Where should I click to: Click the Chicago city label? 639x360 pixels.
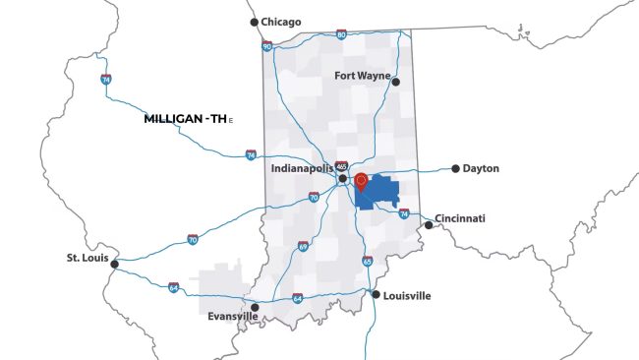tap(281, 22)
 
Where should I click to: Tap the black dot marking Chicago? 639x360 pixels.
tap(254, 22)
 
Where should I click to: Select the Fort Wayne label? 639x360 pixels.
tap(362, 76)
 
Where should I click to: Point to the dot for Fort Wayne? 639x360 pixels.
tap(396, 82)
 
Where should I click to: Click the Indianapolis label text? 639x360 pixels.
tap(303, 169)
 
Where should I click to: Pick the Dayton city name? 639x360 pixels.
tap(482, 168)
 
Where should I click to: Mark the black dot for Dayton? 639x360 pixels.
tap(455, 168)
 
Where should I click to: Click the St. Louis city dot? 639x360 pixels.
tap(115, 264)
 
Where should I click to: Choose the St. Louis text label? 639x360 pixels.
tap(86, 258)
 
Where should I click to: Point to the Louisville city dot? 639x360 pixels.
tap(375, 294)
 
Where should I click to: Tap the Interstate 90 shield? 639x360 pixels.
tap(267, 45)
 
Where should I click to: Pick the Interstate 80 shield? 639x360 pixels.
tap(341, 34)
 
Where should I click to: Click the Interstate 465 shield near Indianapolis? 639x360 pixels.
tap(341, 166)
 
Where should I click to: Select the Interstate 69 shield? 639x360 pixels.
tap(303, 246)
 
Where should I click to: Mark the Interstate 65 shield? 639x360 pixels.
tap(367, 261)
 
